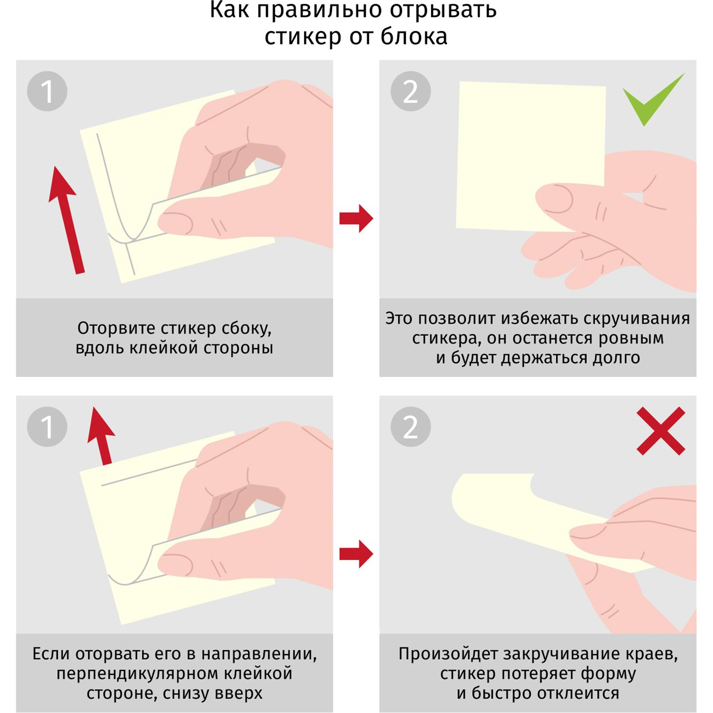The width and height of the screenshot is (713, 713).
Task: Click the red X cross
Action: click(661, 431)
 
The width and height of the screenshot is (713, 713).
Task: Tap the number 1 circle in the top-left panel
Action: click(47, 91)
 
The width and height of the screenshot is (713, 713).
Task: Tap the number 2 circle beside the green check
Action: click(411, 91)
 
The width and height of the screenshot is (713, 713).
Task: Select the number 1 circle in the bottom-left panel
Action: click(47, 426)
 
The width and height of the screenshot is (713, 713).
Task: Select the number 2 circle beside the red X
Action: click(411, 426)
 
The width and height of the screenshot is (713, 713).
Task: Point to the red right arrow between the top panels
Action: click(356, 219)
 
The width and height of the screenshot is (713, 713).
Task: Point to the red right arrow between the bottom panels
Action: click(356, 554)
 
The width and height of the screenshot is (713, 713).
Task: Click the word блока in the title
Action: click(414, 37)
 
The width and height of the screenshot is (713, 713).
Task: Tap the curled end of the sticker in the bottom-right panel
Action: click(468, 499)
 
